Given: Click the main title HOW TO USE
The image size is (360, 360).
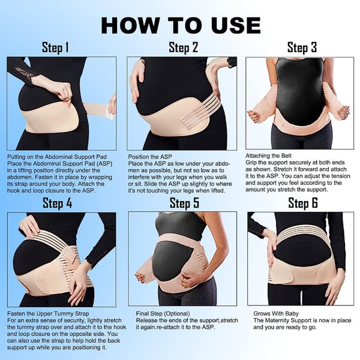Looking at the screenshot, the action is pyautogui.click(x=181, y=25).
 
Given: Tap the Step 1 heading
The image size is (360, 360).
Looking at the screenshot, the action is pyautogui.click(x=55, y=48).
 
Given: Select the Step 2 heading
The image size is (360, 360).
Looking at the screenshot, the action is pyautogui.click(x=183, y=48).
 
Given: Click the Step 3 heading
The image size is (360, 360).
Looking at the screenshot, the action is pyautogui.click(x=302, y=48).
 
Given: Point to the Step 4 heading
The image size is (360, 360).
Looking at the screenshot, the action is pyautogui.click(x=58, y=203).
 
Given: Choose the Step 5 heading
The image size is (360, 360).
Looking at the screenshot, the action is pyautogui.click(x=184, y=203).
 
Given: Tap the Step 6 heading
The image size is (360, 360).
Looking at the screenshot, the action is pyautogui.click(x=303, y=203).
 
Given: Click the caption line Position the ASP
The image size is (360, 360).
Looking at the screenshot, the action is pyautogui.click(x=150, y=157).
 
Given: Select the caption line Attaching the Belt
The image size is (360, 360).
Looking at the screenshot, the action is pyautogui.click(x=268, y=155).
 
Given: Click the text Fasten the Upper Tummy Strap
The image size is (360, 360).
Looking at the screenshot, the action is pyautogui.click(x=48, y=314).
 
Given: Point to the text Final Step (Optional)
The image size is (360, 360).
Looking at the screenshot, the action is pyautogui.click(x=163, y=314).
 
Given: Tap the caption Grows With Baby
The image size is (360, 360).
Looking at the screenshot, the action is pyautogui.click(x=276, y=314).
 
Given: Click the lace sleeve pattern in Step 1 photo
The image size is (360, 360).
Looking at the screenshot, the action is pyautogui.click(x=24, y=73).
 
